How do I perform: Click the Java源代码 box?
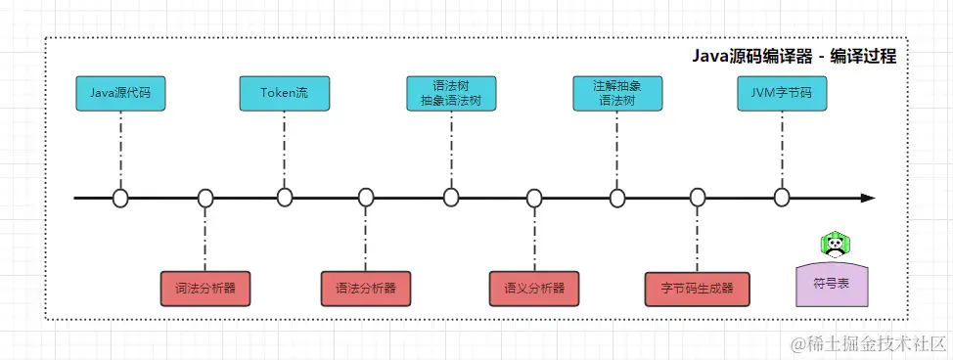coord(120,94)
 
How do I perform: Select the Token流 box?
coord(284,94)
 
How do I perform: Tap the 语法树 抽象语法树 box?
coord(451,93)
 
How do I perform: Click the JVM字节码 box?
coord(781,94)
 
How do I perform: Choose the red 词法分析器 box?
coord(205,289)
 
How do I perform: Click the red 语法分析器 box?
coord(366,289)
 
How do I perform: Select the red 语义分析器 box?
coord(534,289)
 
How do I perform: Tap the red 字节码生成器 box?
coord(697,289)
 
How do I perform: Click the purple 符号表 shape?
coord(832,283)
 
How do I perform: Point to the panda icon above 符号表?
coord(833,244)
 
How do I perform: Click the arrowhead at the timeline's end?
coord(867,199)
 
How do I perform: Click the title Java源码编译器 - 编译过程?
coord(794,57)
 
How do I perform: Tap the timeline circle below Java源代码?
coord(120,199)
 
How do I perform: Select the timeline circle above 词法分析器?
coord(205,199)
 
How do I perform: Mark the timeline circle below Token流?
coord(285,199)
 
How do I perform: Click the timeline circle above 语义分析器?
coord(534,199)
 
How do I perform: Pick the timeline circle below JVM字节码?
coord(781,199)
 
